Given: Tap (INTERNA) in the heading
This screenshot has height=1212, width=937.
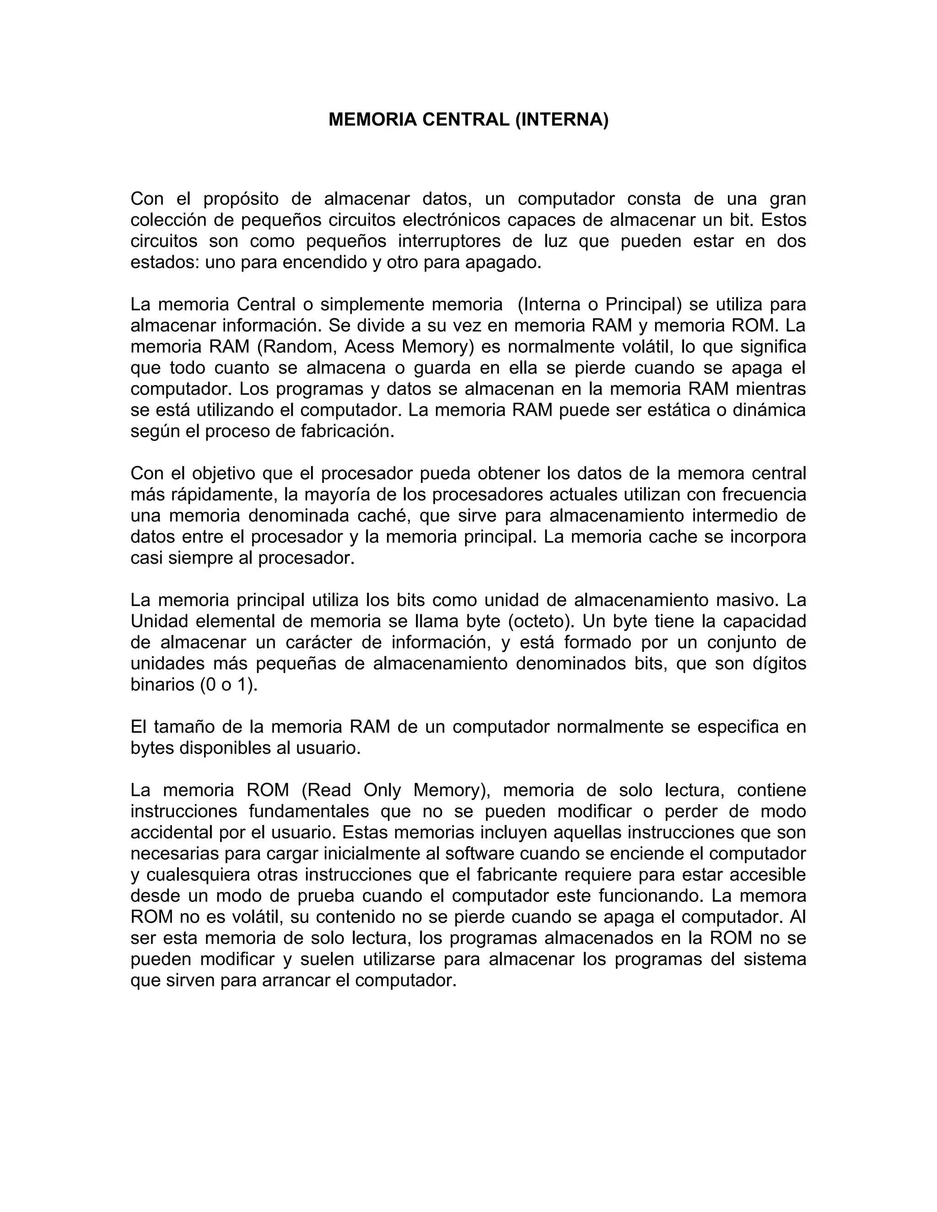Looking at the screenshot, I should (562, 119).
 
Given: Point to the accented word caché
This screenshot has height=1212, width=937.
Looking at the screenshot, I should (383, 515).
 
